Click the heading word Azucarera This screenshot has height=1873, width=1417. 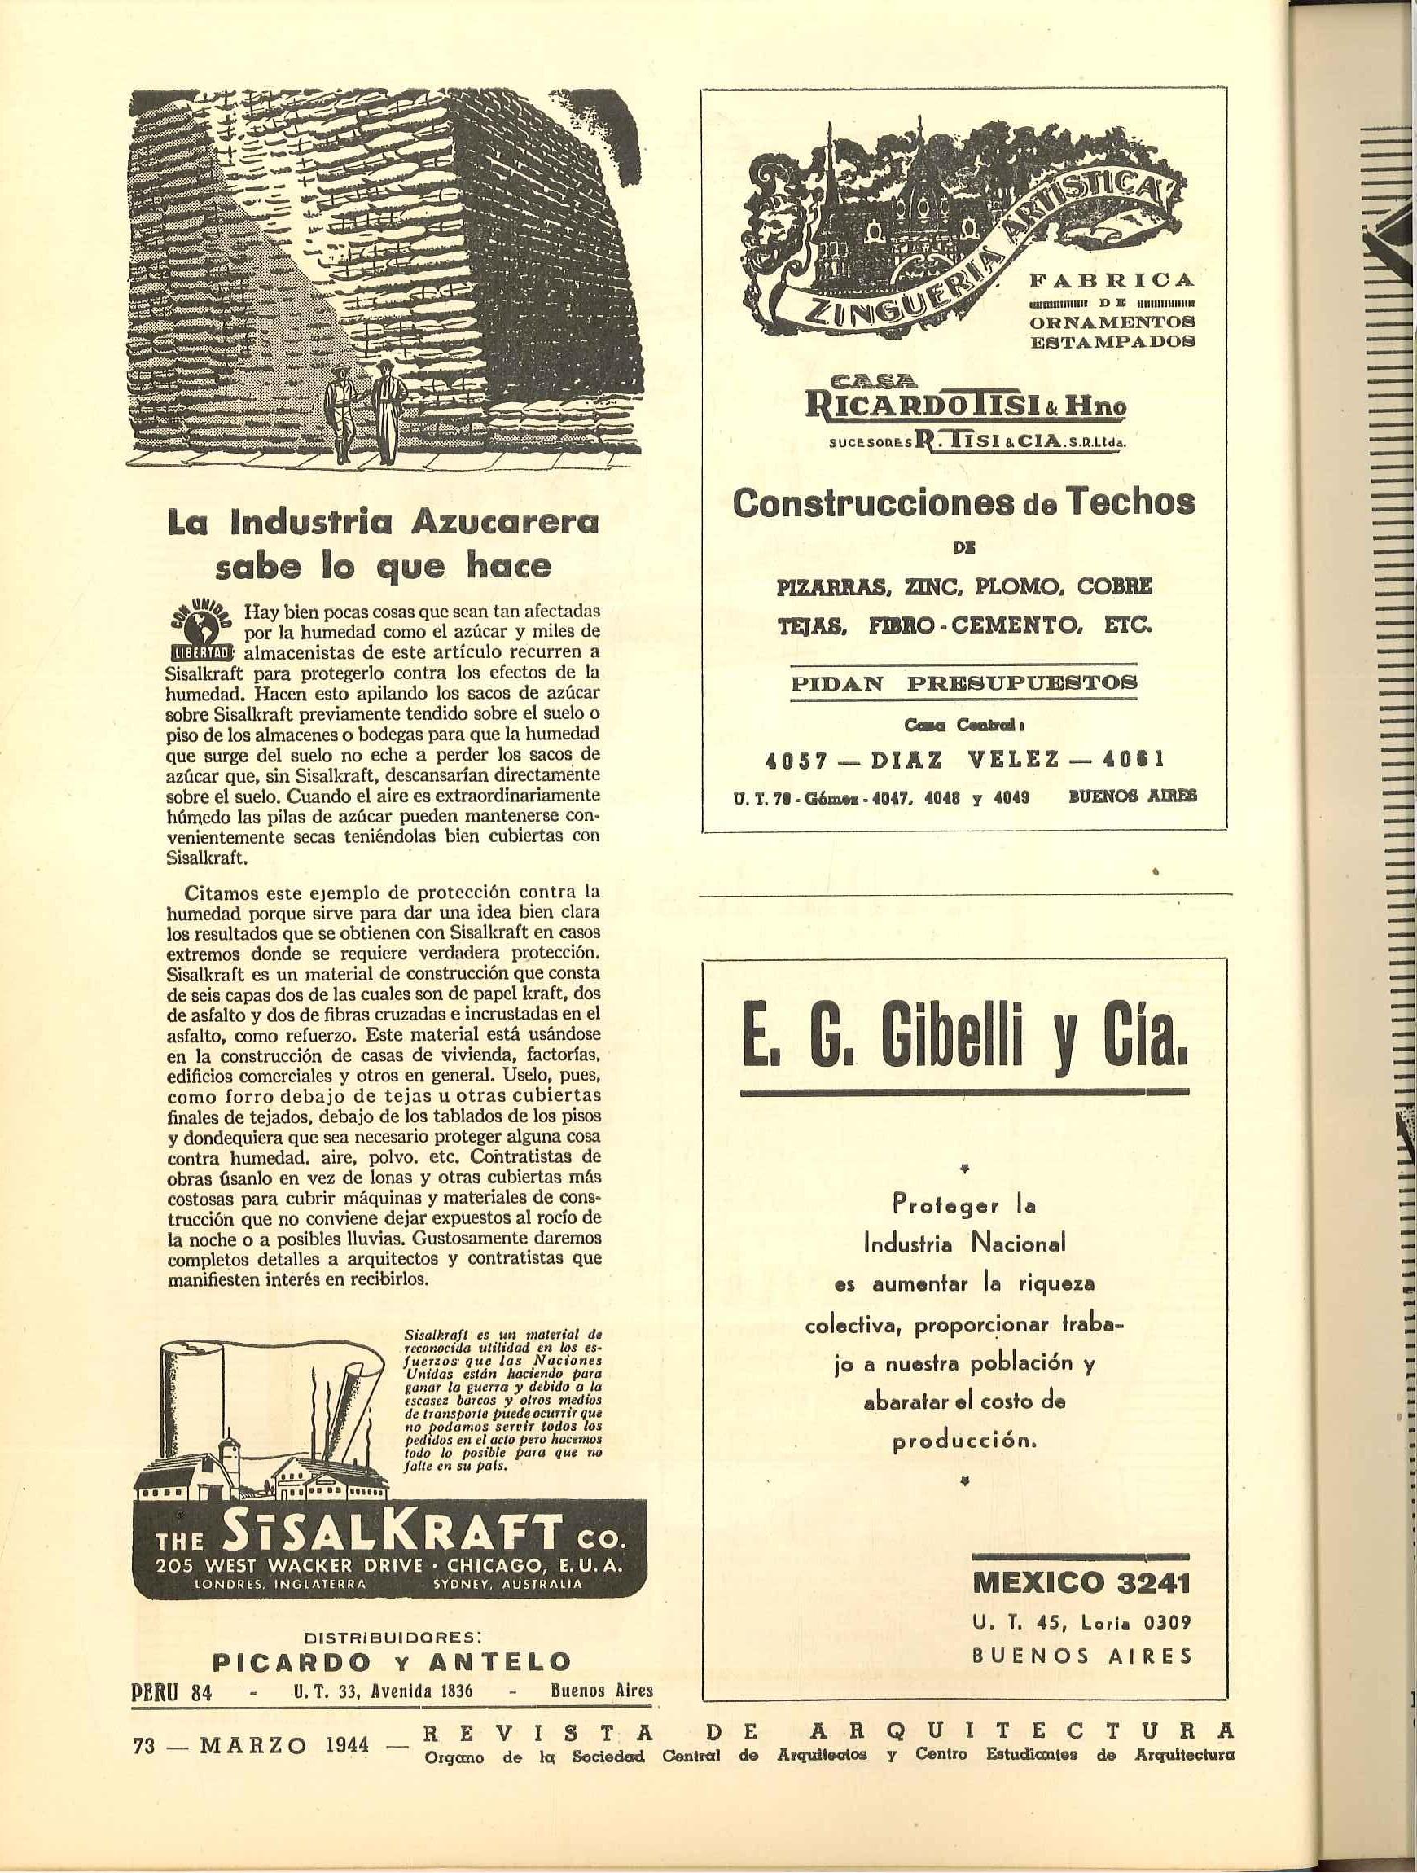(x=505, y=524)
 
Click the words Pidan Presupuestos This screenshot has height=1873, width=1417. (x=963, y=683)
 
